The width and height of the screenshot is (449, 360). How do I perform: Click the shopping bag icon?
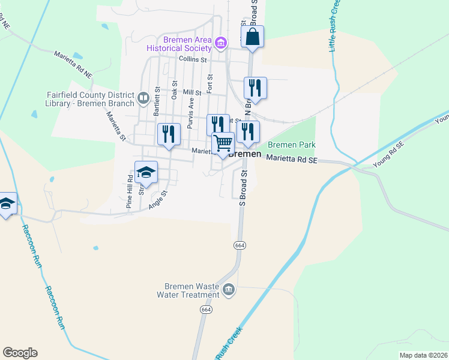(253, 36)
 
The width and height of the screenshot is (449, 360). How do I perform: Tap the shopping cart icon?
(223, 143)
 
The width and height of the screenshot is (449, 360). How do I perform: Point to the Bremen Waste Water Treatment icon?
(228, 290)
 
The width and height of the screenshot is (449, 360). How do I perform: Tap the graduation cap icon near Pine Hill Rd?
(146, 173)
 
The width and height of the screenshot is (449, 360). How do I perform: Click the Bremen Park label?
(291, 145)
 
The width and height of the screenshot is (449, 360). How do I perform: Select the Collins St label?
(193, 59)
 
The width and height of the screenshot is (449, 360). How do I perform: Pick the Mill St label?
(192, 92)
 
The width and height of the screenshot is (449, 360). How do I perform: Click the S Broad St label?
(243, 188)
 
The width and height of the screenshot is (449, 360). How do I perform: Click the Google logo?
(20, 353)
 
